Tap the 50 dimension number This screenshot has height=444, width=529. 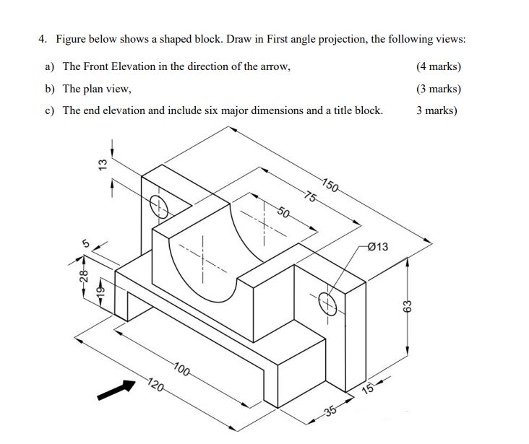click(x=285, y=212)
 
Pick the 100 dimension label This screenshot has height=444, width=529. click(x=181, y=371)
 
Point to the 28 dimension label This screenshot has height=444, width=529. click(x=83, y=276)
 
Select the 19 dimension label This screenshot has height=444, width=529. click(x=100, y=290)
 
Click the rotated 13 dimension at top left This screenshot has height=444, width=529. click(x=103, y=164)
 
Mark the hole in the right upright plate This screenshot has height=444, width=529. click(x=327, y=302)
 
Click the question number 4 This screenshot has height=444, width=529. click(x=42, y=39)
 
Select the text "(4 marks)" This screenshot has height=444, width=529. click(x=439, y=66)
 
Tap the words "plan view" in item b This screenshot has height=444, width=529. click(x=108, y=89)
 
